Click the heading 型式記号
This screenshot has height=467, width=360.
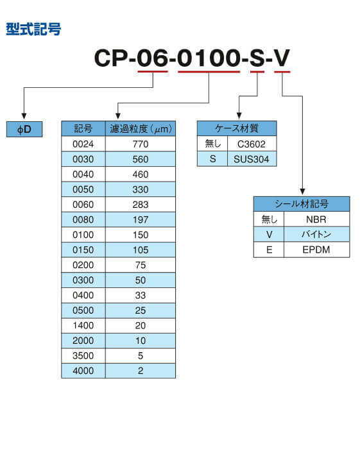click(x=33, y=30)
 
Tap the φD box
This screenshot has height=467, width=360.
click(x=24, y=130)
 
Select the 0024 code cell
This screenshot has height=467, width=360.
click(x=83, y=144)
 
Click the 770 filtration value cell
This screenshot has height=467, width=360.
click(x=141, y=144)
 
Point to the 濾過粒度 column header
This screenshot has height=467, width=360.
click(x=141, y=129)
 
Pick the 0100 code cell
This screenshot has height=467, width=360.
click(x=83, y=235)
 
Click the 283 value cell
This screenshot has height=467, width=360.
click(x=141, y=205)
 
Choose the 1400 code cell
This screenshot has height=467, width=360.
click(x=83, y=325)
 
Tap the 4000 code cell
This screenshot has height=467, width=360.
click(x=83, y=371)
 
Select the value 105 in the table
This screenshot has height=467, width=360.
click(x=141, y=250)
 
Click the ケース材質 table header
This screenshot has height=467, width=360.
click(x=237, y=128)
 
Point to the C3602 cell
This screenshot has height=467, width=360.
click(x=252, y=144)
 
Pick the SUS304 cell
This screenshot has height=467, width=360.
click(x=252, y=159)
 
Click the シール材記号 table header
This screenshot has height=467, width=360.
click(x=302, y=204)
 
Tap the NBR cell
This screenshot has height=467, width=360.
click(x=316, y=219)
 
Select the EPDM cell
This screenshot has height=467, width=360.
click(x=316, y=250)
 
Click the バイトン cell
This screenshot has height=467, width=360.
click(x=316, y=234)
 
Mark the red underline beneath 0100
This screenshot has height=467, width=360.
click(x=209, y=71)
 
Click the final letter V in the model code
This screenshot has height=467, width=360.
click(x=282, y=58)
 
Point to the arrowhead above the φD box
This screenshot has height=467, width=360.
click(x=24, y=116)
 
